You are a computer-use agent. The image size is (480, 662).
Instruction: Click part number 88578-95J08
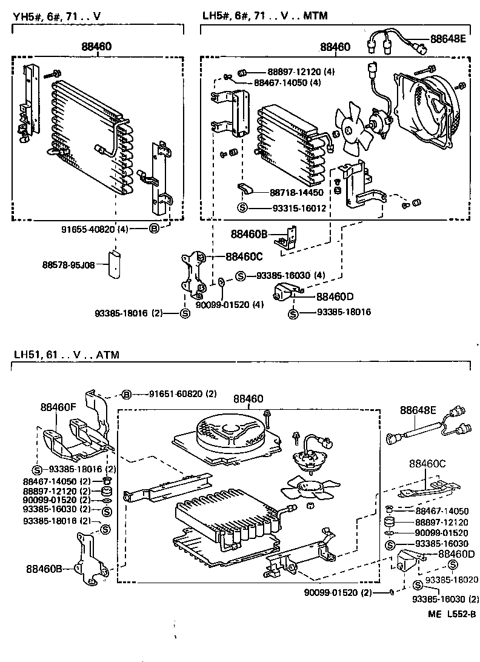68,265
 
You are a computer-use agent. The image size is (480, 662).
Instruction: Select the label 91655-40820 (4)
95,229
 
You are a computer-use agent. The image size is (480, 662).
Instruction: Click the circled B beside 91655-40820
153,229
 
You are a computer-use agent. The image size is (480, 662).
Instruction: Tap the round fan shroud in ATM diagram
228,434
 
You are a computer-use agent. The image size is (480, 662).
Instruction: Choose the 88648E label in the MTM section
448,39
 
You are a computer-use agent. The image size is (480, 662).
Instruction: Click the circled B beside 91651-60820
127,394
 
